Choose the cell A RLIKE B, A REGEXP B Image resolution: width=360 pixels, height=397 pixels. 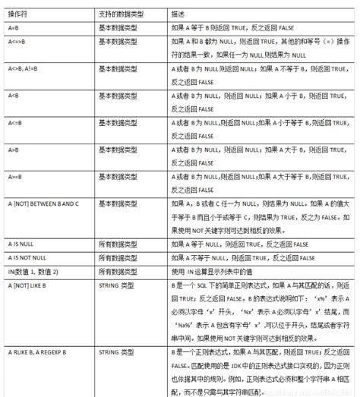pyautogui.click(x=38, y=354)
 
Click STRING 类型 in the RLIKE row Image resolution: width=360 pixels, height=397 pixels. pyautogui.click(x=117, y=354)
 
